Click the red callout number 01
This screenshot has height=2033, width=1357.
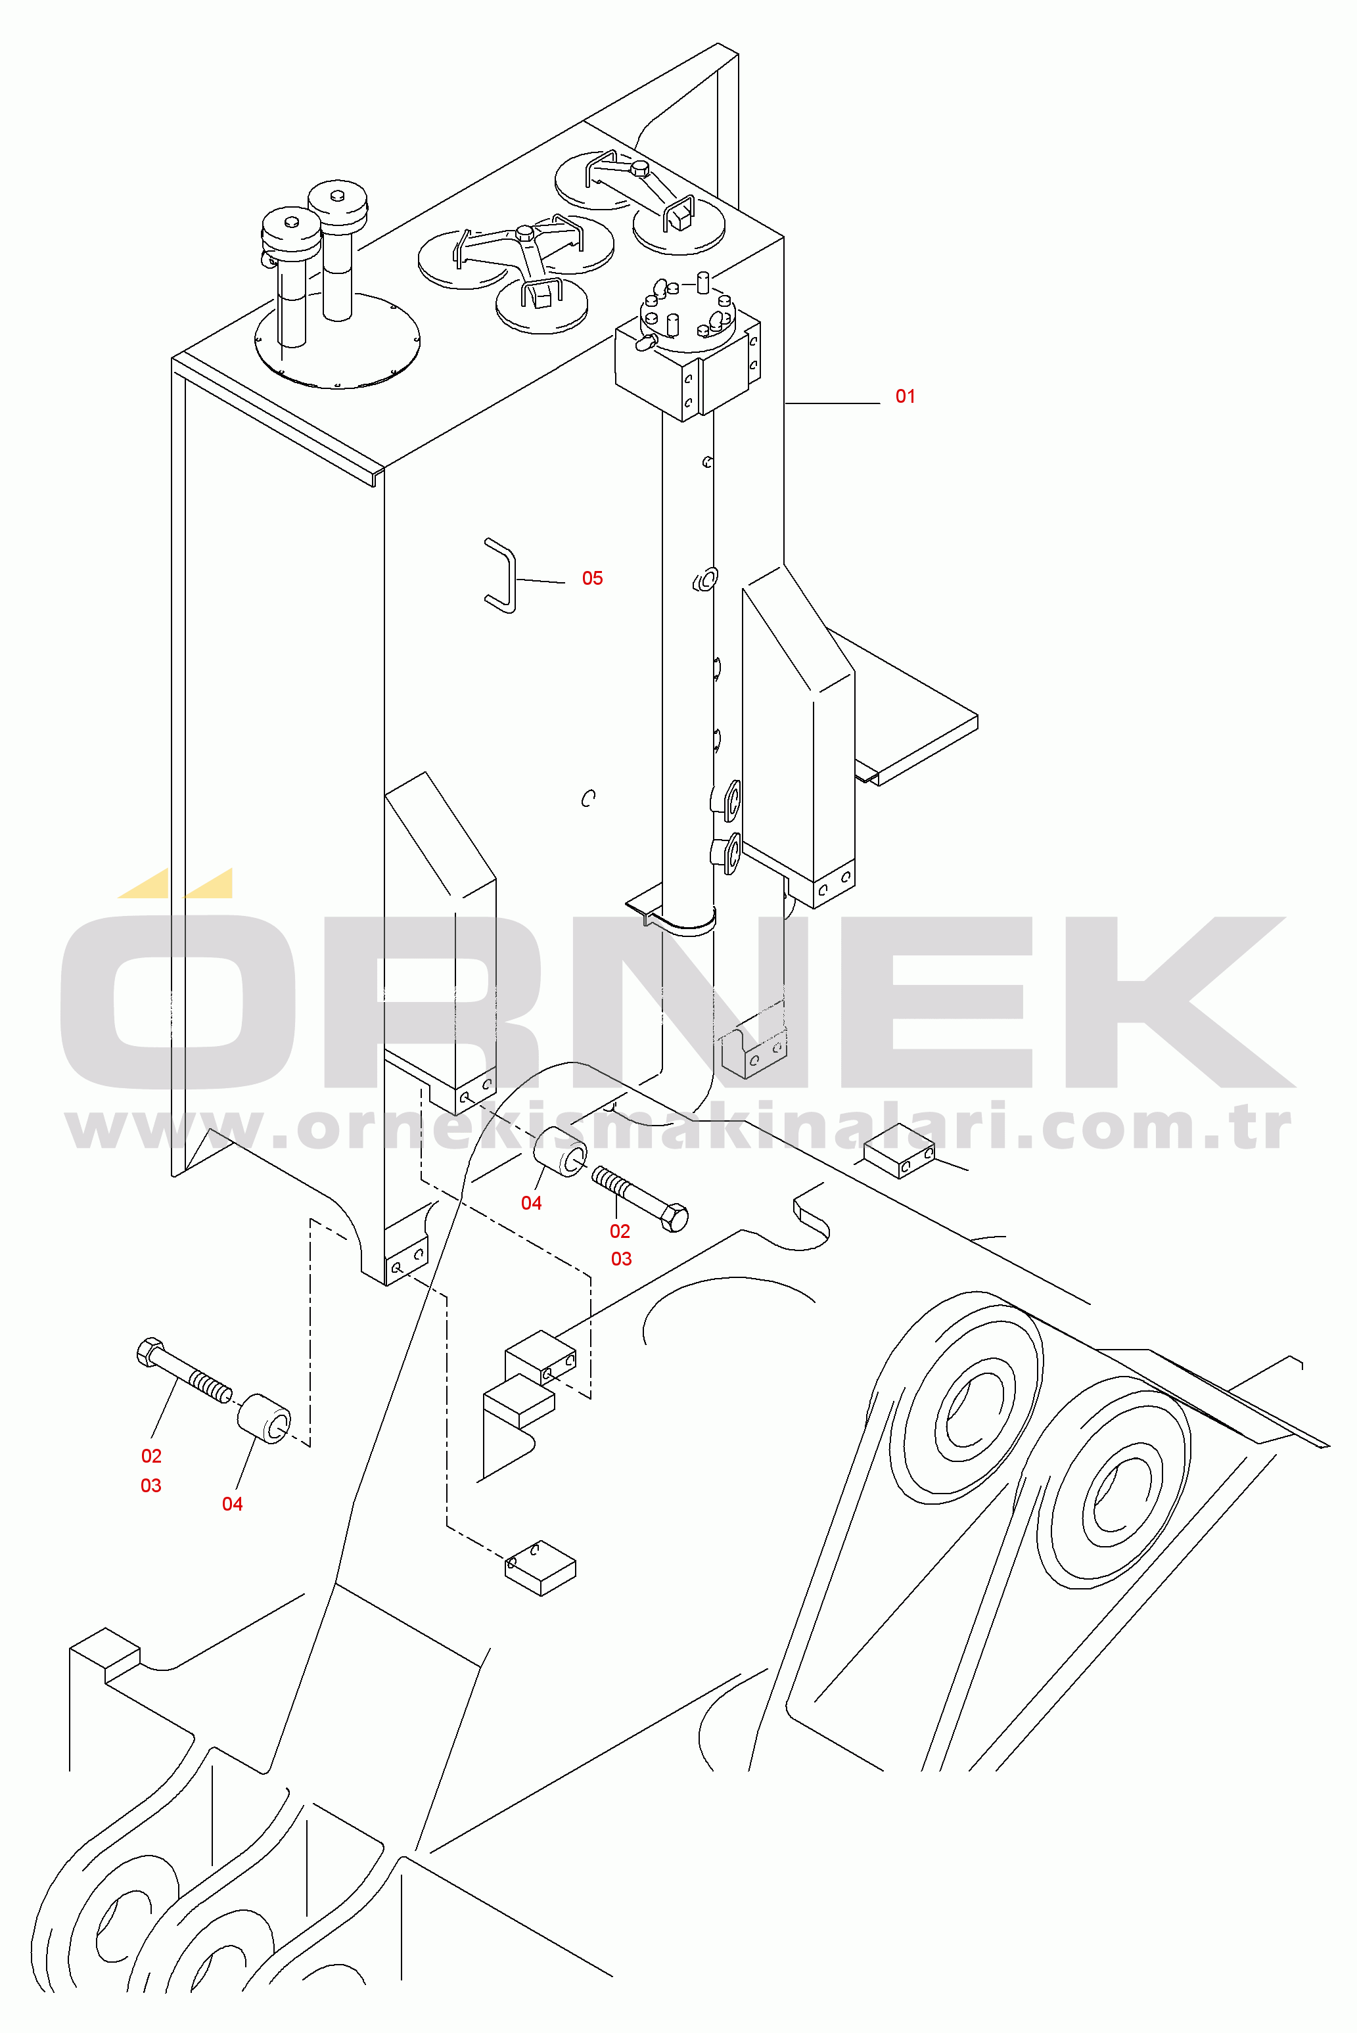(906, 396)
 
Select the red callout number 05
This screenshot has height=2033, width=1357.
(592, 578)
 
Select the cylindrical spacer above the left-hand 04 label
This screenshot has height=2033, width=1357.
(265, 1419)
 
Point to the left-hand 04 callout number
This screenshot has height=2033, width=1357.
(232, 1503)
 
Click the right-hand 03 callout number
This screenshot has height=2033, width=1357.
(622, 1259)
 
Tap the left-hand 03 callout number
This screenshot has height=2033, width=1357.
(150, 1486)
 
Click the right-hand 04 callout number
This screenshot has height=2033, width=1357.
(532, 1202)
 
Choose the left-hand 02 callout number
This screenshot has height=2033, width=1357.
(151, 1456)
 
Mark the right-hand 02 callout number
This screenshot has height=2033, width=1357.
(620, 1231)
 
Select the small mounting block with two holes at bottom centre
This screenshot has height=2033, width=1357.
(540, 1568)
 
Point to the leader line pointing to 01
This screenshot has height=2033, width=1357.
(832, 403)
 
